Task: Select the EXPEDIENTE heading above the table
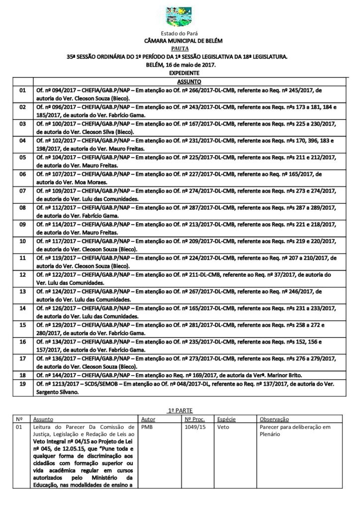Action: [180, 73]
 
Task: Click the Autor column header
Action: [149, 419]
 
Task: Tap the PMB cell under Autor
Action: [148, 427]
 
